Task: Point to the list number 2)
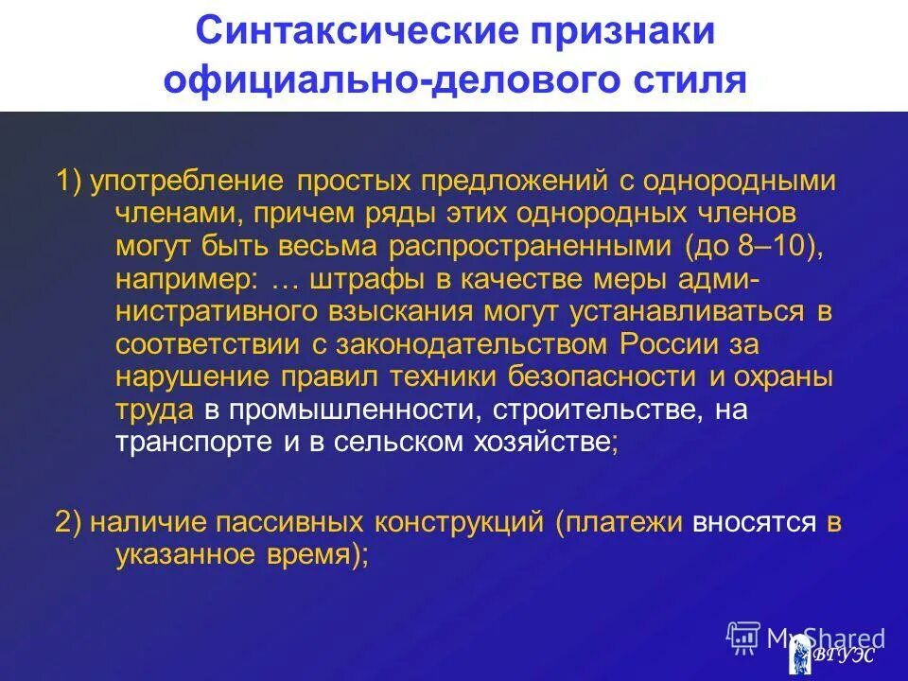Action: (72, 522)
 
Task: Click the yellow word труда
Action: (155, 410)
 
